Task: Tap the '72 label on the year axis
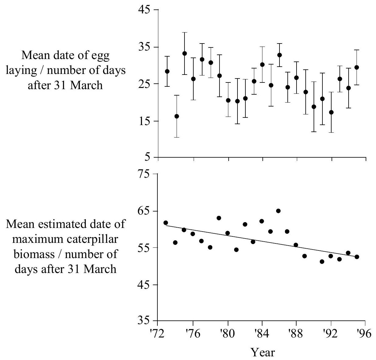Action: click(x=158, y=334)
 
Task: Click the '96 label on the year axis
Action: click(x=364, y=334)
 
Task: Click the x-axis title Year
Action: click(x=263, y=352)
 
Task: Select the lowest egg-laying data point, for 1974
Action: click(x=177, y=116)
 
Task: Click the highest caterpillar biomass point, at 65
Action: click(x=278, y=211)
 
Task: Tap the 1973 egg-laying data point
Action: click(x=167, y=72)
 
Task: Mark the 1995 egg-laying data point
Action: click(x=357, y=67)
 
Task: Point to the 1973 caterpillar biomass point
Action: click(x=166, y=223)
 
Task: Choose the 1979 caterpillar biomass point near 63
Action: click(x=219, y=218)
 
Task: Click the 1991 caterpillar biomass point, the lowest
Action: click(x=322, y=261)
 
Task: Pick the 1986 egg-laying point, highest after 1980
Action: click(x=279, y=55)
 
